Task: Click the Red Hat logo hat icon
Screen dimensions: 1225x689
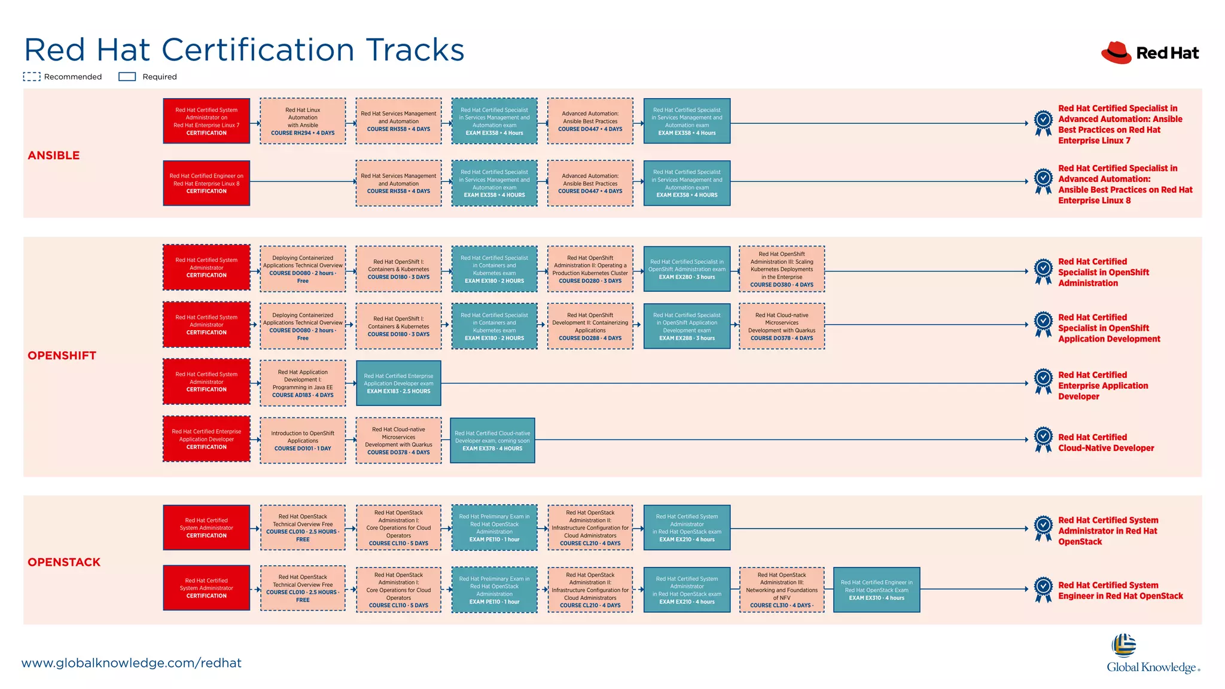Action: (x=1116, y=53)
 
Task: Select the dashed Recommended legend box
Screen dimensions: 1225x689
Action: (x=32, y=77)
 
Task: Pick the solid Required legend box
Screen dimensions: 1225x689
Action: (x=127, y=77)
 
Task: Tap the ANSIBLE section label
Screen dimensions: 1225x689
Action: (x=54, y=156)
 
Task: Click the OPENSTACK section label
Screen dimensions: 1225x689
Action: (x=64, y=562)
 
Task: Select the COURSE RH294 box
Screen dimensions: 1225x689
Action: (x=303, y=121)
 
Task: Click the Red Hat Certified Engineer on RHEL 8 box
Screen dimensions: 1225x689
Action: (x=206, y=183)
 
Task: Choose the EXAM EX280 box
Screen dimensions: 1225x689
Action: (x=687, y=269)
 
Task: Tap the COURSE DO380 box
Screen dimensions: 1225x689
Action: (x=782, y=269)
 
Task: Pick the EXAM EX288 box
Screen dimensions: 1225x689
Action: (x=687, y=326)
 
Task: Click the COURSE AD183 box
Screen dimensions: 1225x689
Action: (x=303, y=383)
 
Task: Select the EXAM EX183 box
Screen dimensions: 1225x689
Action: (x=398, y=383)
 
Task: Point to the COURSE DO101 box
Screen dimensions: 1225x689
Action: (x=303, y=441)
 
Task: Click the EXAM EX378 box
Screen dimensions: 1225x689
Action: (x=492, y=441)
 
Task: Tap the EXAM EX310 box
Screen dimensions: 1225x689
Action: (x=876, y=590)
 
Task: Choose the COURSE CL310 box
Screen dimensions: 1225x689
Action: (x=782, y=590)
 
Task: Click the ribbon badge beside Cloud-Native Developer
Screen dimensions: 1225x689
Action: (x=1043, y=440)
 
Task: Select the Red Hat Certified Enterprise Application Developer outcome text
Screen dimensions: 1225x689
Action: (x=1102, y=386)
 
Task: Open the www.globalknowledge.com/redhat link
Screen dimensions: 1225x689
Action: (x=132, y=663)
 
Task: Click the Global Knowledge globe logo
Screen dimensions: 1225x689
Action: (x=1124, y=646)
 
